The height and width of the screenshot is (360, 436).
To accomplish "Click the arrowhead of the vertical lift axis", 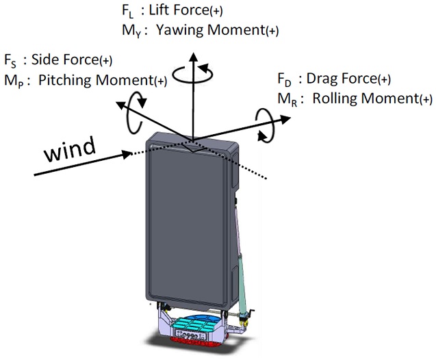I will point(194,55).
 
